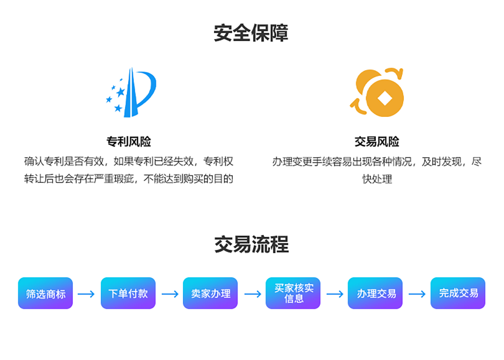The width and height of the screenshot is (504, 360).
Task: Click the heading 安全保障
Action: click(x=251, y=33)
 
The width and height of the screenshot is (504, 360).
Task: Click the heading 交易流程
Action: click(x=251, y=244)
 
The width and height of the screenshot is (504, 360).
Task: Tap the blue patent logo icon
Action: click(x=131, y=93)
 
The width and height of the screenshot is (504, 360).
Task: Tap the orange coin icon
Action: click(x=378, y=93)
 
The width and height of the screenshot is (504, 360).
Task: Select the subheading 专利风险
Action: click(x=129, y=142)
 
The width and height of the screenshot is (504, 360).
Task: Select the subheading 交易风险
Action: click(x=376, y=142)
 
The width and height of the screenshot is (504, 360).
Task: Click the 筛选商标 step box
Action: click(x=45, y=293)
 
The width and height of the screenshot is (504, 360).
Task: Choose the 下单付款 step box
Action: click(x=128, y=293)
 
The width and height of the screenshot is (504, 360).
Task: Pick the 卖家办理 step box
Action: click(x=210, y=293)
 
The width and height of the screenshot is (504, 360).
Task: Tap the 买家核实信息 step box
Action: click(x=293, y=293)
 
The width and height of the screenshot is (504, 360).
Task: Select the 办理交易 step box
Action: click(x=376, y=293)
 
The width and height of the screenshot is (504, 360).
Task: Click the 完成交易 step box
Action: click(x=458, y=293)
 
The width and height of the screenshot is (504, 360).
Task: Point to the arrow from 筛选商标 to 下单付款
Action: click(x=86, y=293)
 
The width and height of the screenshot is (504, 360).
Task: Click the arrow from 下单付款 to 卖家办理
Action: click(x=169, y=293)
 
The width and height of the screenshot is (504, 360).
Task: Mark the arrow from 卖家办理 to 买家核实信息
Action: click(x=252, y=293)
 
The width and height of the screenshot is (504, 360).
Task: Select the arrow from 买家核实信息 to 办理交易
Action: click(x=335, y=293)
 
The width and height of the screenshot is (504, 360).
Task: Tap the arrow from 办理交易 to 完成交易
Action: click(x=417, y=293)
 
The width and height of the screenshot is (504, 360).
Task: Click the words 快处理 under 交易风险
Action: click(x=377, y=180)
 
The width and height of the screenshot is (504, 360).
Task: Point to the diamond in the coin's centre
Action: click(x=386, y=98)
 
